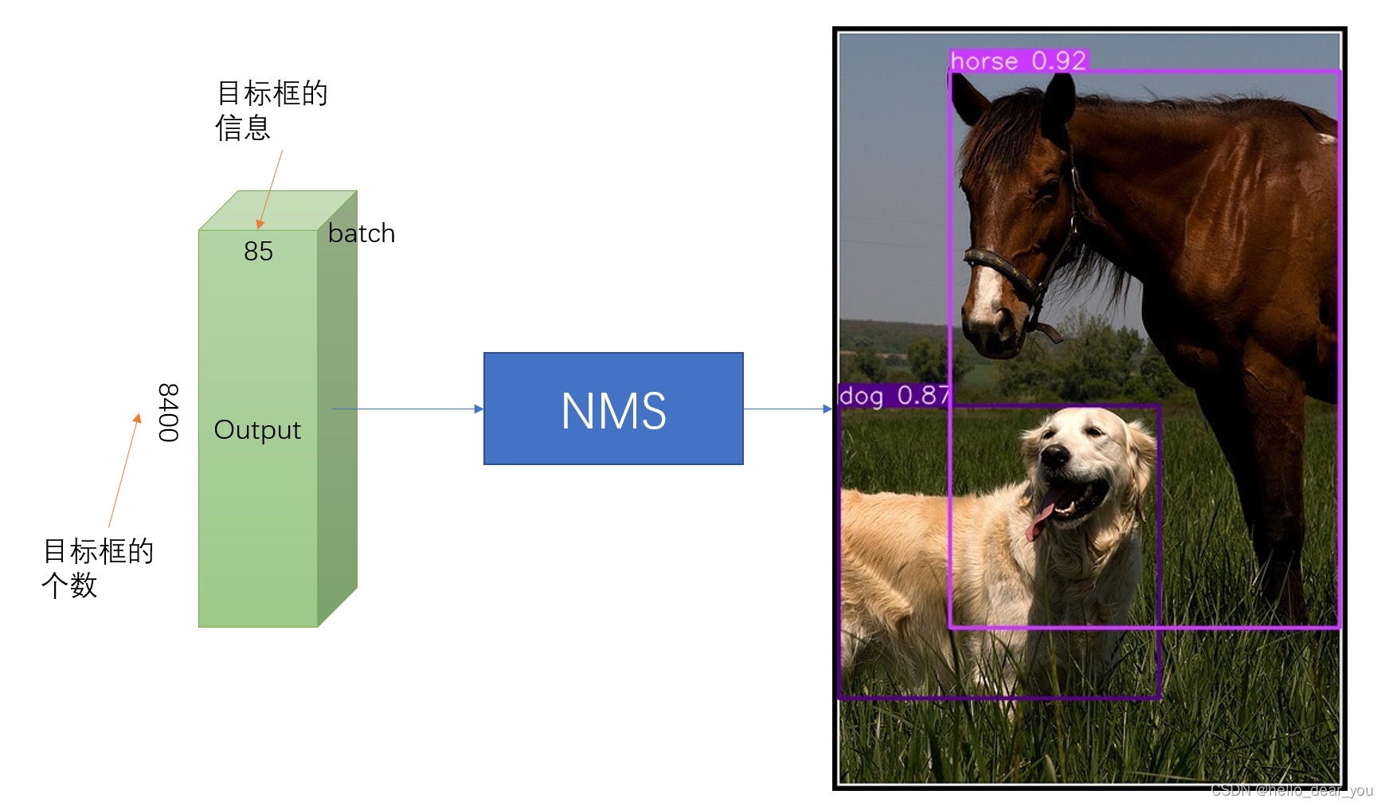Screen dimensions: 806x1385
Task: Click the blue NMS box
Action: click(613, 409)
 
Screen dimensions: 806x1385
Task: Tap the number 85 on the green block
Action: click(258, 252)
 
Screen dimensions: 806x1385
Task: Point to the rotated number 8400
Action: click(168, 412)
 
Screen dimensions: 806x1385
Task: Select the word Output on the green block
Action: click(257, 430)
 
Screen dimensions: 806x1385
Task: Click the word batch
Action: click(362, 233)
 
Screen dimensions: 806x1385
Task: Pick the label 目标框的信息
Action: click(271, 110)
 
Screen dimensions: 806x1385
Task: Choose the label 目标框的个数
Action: click(97, 567)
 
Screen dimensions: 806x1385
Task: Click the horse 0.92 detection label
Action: click(1018, 61)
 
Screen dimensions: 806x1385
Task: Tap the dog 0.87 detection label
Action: click(894, 395)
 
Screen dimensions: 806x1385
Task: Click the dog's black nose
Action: click(1056, 456)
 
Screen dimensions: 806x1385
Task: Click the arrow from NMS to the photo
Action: click(788, 409)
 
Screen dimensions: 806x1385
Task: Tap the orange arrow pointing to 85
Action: click(270, 189)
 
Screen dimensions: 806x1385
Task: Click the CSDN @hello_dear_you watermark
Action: click(1292, 790)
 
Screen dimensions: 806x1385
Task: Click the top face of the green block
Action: click(277, 210)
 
